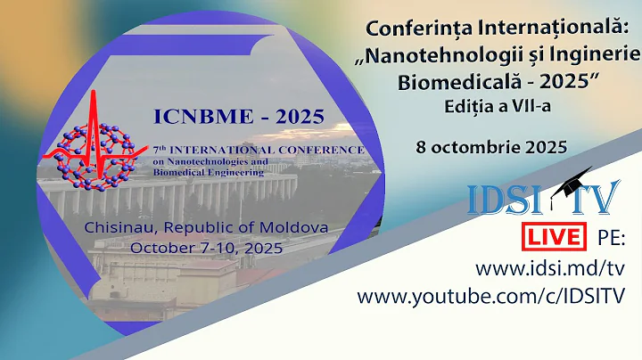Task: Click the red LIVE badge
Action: point(554,238)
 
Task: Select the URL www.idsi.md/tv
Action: point(549,267)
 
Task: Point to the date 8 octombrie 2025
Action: point(491,147)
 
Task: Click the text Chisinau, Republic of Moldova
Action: point(206,227)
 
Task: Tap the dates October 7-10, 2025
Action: point(207,248)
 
